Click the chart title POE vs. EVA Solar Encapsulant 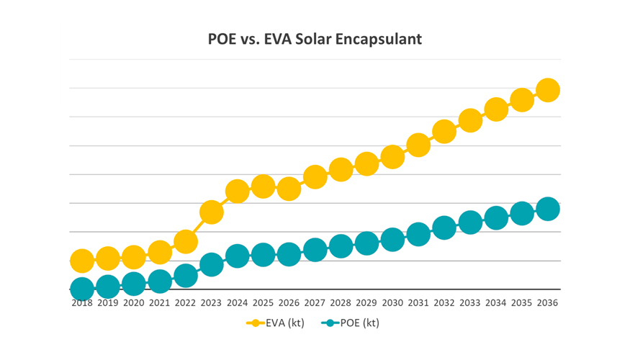[315, 38]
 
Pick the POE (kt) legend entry [351, 323]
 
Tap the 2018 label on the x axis [82, 303]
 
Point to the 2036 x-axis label [547, 303]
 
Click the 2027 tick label [315, 303]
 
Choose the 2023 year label [211, 303]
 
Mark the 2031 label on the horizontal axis [418, 303]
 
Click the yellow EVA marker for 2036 [547, 91]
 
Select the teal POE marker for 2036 [547, 209]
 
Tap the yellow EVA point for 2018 [82, 261]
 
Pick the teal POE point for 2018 [82, 289]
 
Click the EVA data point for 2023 [211, 212]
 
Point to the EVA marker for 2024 [237, 192]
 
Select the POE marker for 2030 [392, 240]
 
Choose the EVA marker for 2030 [392, 157]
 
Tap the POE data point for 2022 [186, 276]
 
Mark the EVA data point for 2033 [470, 121]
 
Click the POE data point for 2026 [289, 255]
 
